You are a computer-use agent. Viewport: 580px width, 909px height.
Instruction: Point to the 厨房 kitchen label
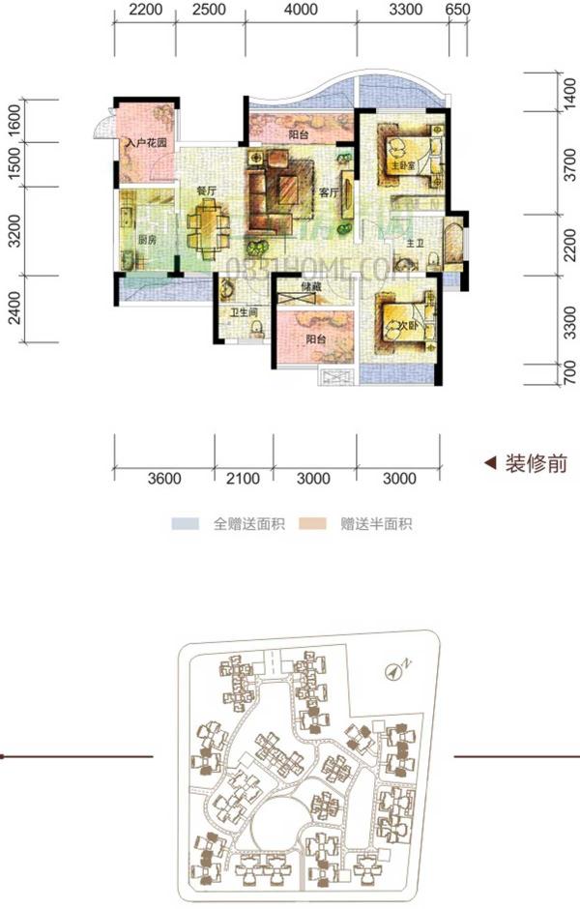(146, 240)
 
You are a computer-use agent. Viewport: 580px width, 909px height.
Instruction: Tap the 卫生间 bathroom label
(242, 312)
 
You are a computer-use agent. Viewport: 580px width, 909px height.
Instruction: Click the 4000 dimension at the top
(303, 11)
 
